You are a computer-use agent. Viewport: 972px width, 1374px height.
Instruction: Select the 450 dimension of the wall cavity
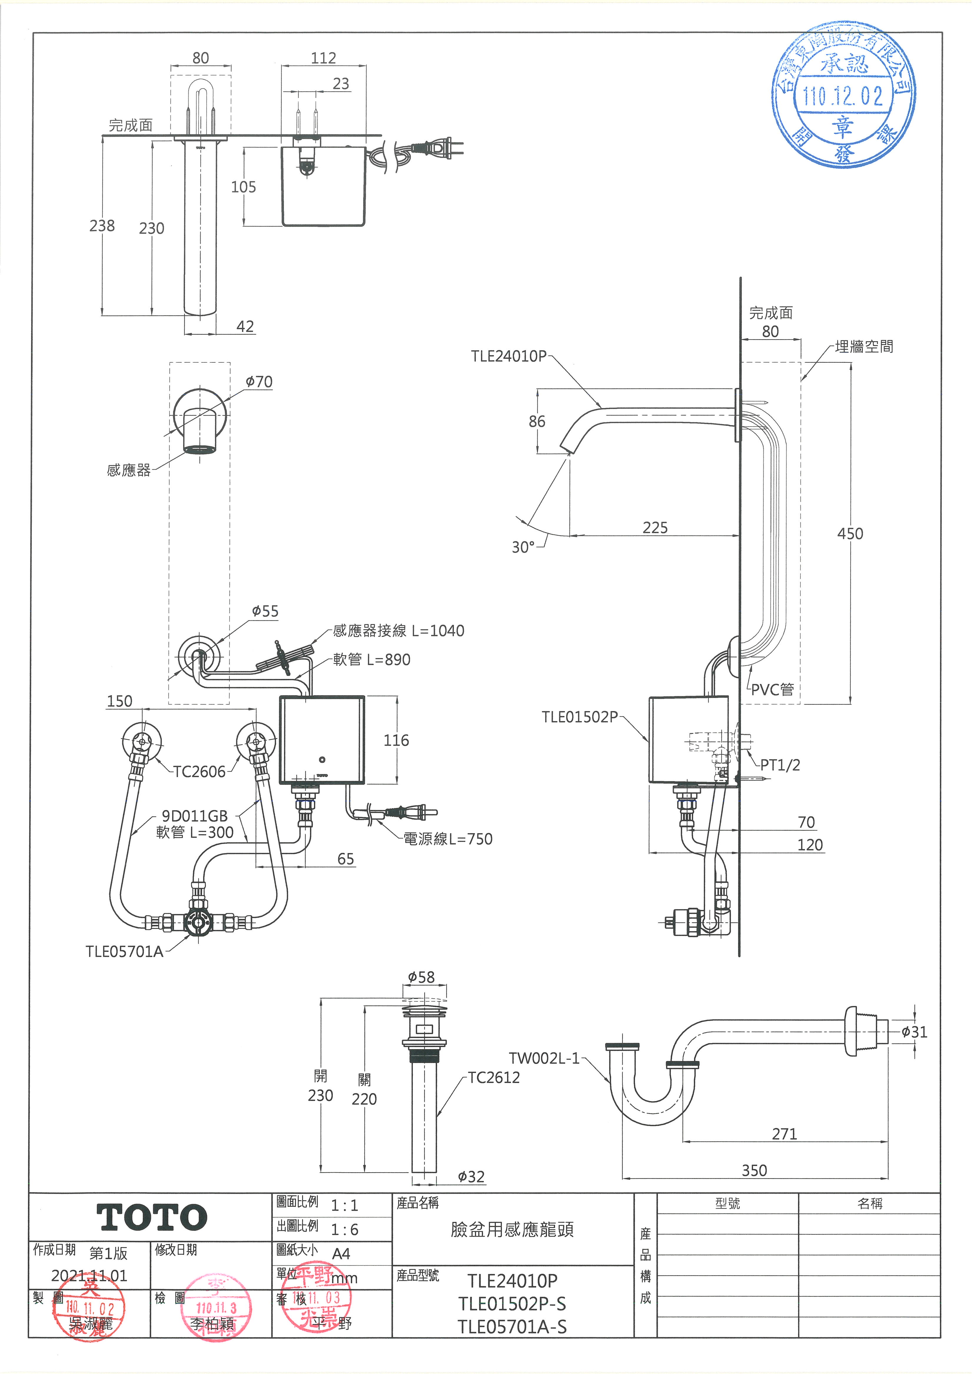[x=850, y=534]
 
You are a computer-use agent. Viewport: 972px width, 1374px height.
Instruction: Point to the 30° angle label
[x=523, y=547]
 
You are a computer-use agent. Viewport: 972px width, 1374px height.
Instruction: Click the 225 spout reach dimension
[x=655, y=528]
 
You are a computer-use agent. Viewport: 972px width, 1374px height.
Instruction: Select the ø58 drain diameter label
[x=421, y=977]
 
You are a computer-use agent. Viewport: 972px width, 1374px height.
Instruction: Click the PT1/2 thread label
[x=780, y=765]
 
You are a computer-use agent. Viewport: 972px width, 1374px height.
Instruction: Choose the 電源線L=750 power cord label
[x=448, y=839]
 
